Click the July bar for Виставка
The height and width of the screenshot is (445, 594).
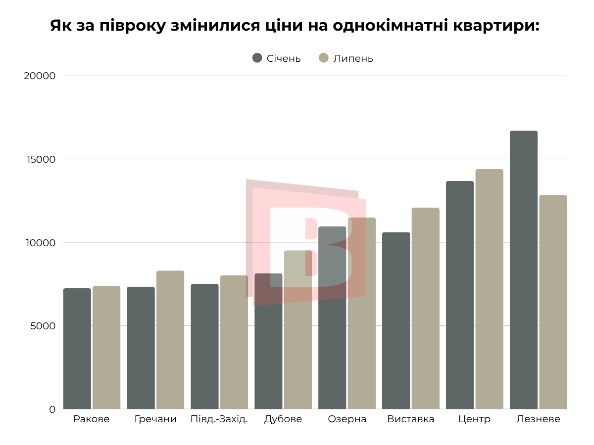(x=425, y=309)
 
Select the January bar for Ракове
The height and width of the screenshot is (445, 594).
(x=77, y=349)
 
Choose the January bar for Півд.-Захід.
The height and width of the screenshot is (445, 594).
(x=204, y=347)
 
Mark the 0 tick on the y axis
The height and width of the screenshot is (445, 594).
(x=52, y=409)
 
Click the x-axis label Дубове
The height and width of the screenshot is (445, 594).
(x=283, y=419)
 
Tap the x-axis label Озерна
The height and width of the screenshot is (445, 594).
(x=347, y=419)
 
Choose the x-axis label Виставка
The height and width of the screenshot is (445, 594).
(x=410, y=419)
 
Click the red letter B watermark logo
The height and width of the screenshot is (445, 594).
(x=307, y=242)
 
